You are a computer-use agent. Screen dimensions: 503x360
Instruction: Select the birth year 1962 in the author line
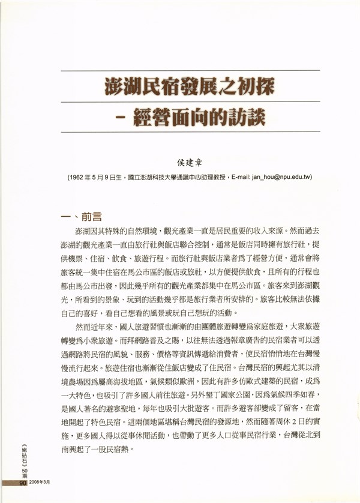tap(79, 178)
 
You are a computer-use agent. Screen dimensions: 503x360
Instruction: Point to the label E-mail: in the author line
tap(239, 178)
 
